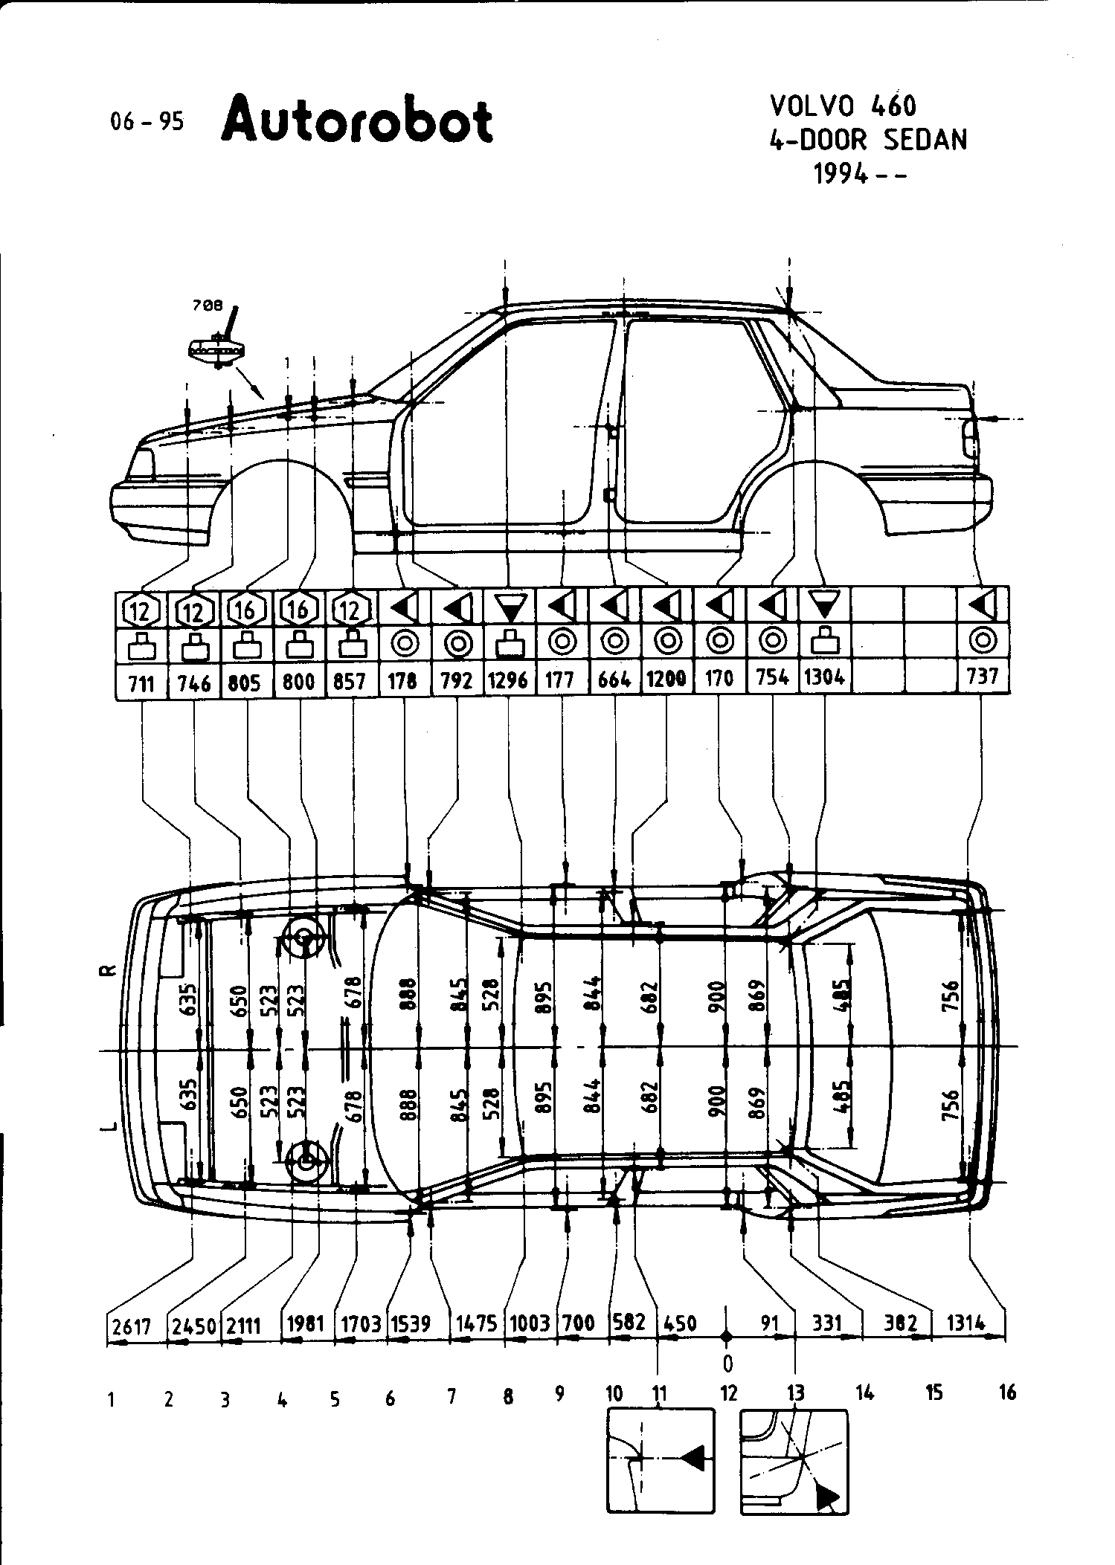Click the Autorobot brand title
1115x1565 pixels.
pos(357,121)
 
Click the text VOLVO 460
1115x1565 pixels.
pos(842,106)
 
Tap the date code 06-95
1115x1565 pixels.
pos(147,121)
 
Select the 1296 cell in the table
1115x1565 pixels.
pos(509,680)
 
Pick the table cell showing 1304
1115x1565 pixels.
pos(825,678)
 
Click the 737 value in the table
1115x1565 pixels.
pos(983,677)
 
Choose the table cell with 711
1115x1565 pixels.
pos(141,681)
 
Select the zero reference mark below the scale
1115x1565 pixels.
pos(727,1364)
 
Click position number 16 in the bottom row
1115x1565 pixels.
pos(1007,1392)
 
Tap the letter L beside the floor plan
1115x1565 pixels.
pos(109,1128)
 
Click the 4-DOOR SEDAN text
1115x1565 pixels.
pos(868,140)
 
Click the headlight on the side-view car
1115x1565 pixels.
pos(141,464)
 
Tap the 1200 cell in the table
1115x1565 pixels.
pos(666,678)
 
